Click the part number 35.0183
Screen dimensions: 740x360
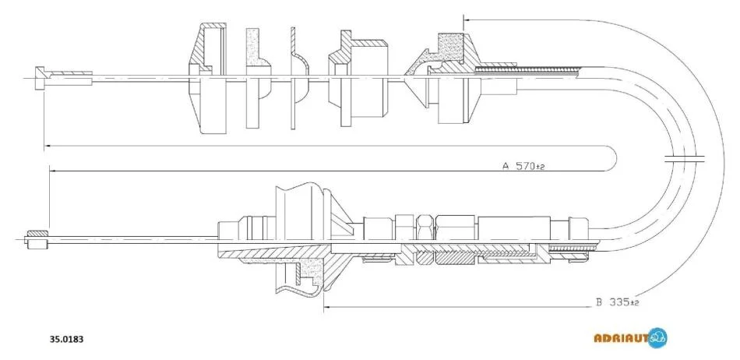click(x=67, y=339)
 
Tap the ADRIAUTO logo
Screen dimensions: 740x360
click(x=630, y=338)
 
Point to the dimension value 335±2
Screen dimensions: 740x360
click(x=623, y=302)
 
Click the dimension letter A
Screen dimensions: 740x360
click(x=506, y=166)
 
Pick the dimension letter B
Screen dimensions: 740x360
click(x=599, y=302)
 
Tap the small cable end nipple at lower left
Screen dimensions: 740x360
click(x=37, y=239)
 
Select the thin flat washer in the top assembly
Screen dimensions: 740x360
click(x=293, y=78)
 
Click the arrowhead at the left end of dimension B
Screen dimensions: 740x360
click(x=326, y=308)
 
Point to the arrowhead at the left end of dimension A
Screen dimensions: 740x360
click(x=53, y=171)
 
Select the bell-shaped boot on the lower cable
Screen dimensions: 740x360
click(x=302, y=241)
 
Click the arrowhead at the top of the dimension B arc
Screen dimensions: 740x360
click(x=467, y=19)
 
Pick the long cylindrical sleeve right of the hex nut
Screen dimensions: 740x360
click(x=514, y=239)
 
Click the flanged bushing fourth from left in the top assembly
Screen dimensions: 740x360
click(x=358, y=79)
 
